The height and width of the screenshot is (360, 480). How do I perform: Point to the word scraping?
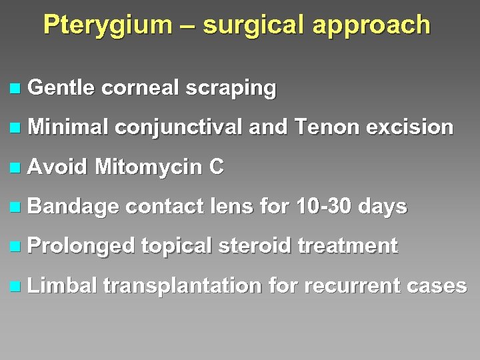pyautogui.click(x=231, y=88)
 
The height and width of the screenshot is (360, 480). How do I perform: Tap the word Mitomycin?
pyautogui.click(x=148, y=167)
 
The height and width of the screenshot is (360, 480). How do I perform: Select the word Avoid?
pyautogui.click(x=58, y=167)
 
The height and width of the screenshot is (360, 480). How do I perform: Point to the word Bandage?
pyautogui.click(x=73, y=207)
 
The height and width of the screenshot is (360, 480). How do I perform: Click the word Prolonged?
pyautogui.click(x=82, y=246)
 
